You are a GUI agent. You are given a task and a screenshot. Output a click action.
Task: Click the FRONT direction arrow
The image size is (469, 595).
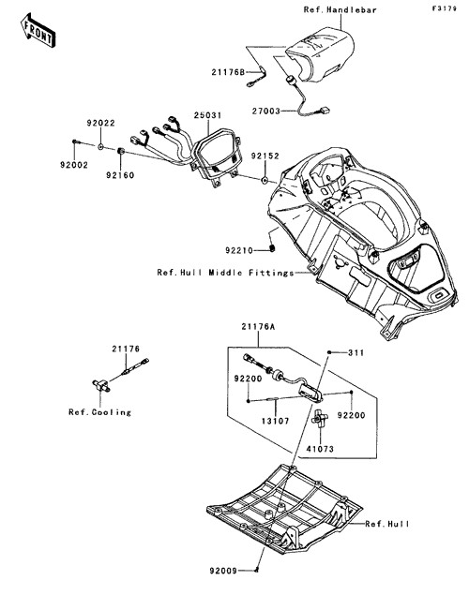tap(38, 30)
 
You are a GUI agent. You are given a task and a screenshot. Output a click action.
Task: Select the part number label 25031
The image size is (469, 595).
tap(207, 115)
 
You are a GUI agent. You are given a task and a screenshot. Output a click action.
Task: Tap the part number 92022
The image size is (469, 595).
tap(100, 123)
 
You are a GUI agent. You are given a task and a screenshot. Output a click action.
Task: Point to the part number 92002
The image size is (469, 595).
tap(74, 165)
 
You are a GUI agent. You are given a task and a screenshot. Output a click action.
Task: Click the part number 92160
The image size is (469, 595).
tap(120, 175)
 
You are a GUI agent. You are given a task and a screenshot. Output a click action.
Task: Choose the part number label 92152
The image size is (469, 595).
tap(265, 156)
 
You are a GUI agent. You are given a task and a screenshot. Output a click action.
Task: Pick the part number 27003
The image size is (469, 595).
tap(266, 112)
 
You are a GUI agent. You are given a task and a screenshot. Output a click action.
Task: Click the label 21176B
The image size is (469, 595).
tap(228, 72)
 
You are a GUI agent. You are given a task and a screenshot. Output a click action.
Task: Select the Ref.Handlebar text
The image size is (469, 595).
tap(340, 10)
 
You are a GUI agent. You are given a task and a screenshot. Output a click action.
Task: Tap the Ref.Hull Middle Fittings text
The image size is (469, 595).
tap(225, 273)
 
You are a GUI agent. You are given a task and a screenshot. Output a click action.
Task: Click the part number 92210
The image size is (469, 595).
tap(239, 250)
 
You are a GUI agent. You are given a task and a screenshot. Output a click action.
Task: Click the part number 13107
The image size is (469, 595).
tap(276, 422)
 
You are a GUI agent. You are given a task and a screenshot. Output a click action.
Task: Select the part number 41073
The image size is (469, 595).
tap(320, 449)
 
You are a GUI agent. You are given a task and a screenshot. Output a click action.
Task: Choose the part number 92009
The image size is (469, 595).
tap(223, 571)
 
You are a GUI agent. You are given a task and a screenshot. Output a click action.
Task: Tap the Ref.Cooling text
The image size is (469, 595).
tap(99, 412)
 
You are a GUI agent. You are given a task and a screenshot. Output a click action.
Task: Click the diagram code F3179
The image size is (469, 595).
tap(444, 8)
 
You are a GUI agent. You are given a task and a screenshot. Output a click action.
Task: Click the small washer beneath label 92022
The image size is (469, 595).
tap(100, 146)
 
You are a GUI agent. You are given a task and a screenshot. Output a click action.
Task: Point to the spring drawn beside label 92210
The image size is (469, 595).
tap(272, 248)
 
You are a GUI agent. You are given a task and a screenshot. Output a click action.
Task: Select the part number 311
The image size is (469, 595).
tap(356, 353)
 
